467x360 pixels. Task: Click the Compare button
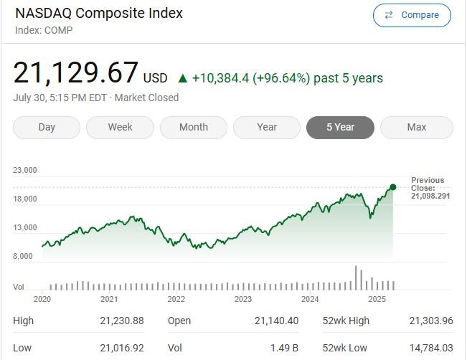412,15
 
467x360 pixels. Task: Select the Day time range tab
47,128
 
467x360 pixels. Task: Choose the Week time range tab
120,128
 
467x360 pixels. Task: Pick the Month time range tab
194,128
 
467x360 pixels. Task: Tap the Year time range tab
267,128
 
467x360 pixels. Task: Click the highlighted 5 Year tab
340,128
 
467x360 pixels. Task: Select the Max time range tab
416,128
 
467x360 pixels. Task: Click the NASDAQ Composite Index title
99,14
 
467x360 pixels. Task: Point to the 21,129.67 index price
76,73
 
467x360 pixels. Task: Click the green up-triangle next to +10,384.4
183,78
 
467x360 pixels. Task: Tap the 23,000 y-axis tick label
25,171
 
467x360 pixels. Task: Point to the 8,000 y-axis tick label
23,256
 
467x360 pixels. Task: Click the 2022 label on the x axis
176,299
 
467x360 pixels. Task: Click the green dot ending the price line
393,187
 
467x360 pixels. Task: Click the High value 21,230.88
122,321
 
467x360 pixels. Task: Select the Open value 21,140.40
276,321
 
